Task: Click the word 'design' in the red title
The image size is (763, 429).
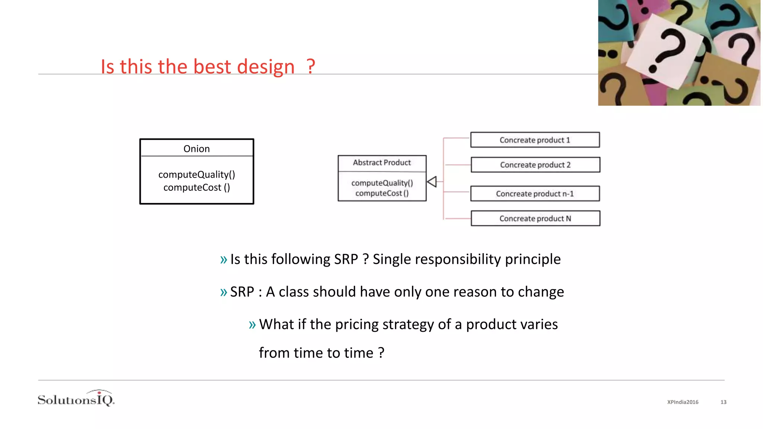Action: pyautogui.click(x=266, y=67)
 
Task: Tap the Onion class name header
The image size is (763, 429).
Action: pyautogui.click(x=196, y=149)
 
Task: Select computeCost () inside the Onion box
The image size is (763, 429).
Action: pyautogui.click(x=196, y=187)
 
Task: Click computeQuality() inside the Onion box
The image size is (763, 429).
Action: pyautogui.click(x=196, y=174)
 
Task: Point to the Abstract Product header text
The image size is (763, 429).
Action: pyautogui.click(x=382, y=162)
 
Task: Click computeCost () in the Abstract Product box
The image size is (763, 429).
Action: pyautogui.click(x=382, y=193)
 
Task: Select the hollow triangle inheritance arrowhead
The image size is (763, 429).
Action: pyautogui.click(x=432, y=182)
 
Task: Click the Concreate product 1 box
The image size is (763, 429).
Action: pyautogui.click(x=535, y=140)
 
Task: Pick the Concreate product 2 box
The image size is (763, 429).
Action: pyautogui.click(x=535, y=165)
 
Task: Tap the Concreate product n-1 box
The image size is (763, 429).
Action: pyautogui.click(x=535, y=194)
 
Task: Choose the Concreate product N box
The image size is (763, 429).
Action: pyautogui.click(x=535, y=218)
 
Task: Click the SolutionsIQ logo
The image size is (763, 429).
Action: pyautogui.click(x=76, y=399)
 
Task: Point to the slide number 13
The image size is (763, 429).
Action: pyautogui.click(x=723, y=402)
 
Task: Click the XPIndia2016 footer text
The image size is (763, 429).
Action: pyautogui.click(x=683, y=402)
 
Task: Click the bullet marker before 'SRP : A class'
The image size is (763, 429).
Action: pyautogui.click(x=223, y=292)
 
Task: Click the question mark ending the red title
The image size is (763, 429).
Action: pyautogui.click(x=311, y=67)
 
